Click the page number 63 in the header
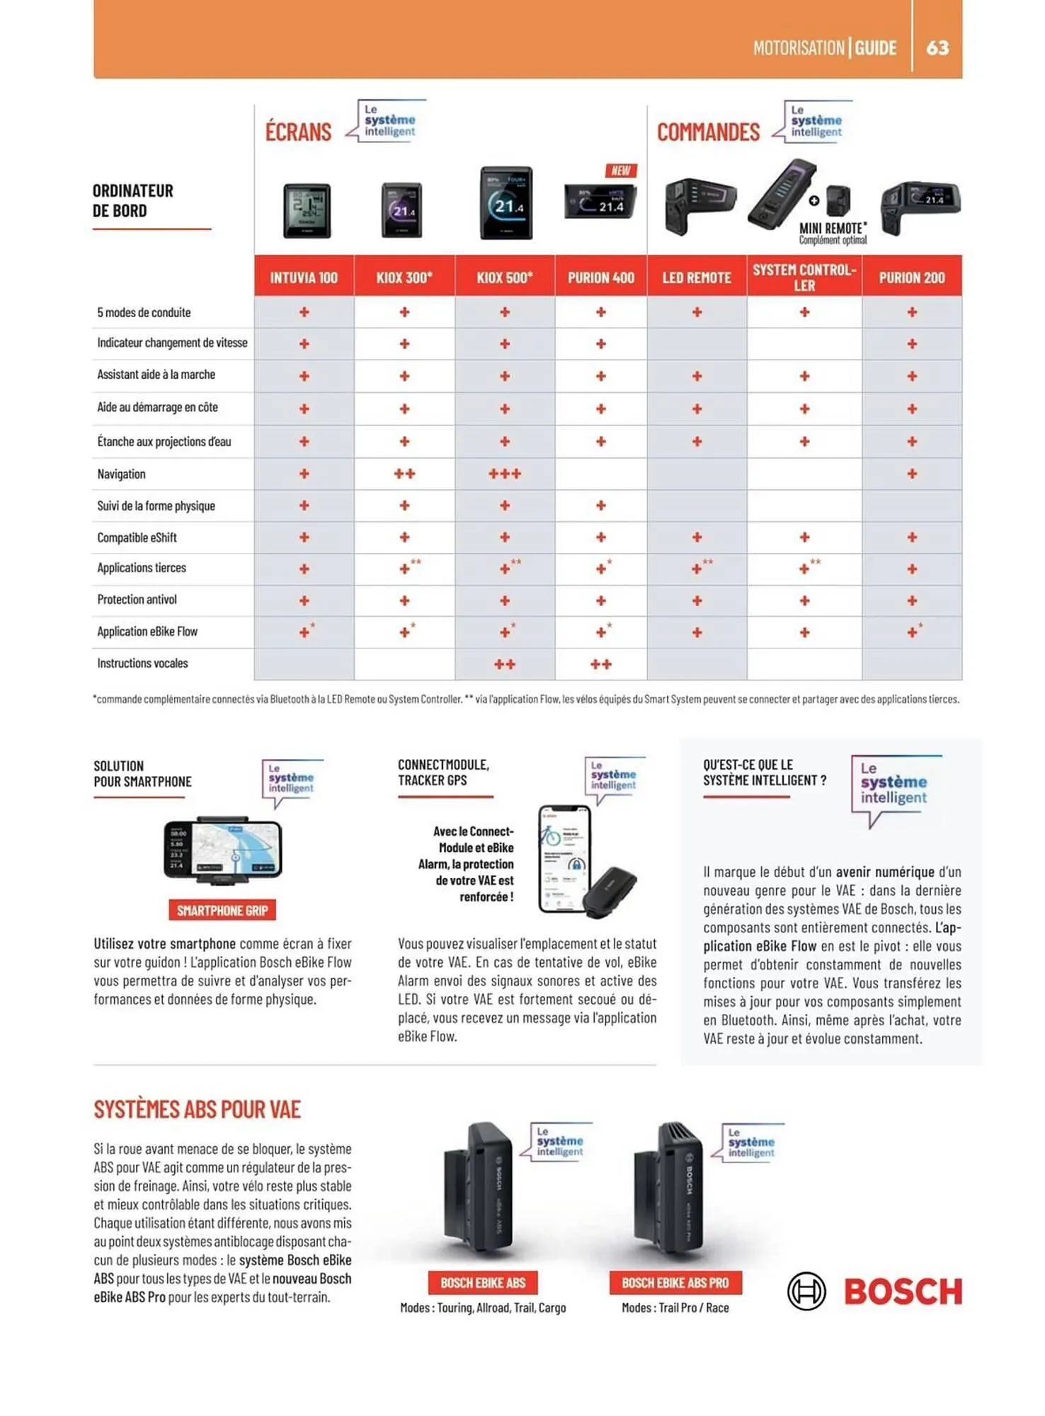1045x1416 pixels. coord(937,47)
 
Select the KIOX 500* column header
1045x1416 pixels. coord(504,278)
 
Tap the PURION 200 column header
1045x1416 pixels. coord(911,278)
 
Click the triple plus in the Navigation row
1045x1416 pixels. coord(504,474)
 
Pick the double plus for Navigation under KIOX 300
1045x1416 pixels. coord(404,474)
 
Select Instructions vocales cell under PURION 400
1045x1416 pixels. coord(600,664)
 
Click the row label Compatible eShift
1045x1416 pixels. coord(137,537)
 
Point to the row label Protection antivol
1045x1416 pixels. coord(137,600)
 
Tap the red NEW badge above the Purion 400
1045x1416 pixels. coord(621,171)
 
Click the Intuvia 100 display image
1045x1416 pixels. coord(307,210)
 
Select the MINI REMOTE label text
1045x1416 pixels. coord(833,229)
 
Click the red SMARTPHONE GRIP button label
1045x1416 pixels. coord(222,910)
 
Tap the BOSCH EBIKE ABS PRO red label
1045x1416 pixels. coord(675,1283)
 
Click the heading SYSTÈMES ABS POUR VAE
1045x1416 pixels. coord(198,1109)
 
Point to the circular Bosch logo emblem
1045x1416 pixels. coord(806,1291)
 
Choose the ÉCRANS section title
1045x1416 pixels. coord(298,132)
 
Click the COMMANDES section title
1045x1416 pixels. coord(708,132)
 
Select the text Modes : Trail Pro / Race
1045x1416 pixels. coord(675,1308)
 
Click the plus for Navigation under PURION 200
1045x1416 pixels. coord(911,474)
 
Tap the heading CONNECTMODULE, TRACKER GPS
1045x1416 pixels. coord(443,772)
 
